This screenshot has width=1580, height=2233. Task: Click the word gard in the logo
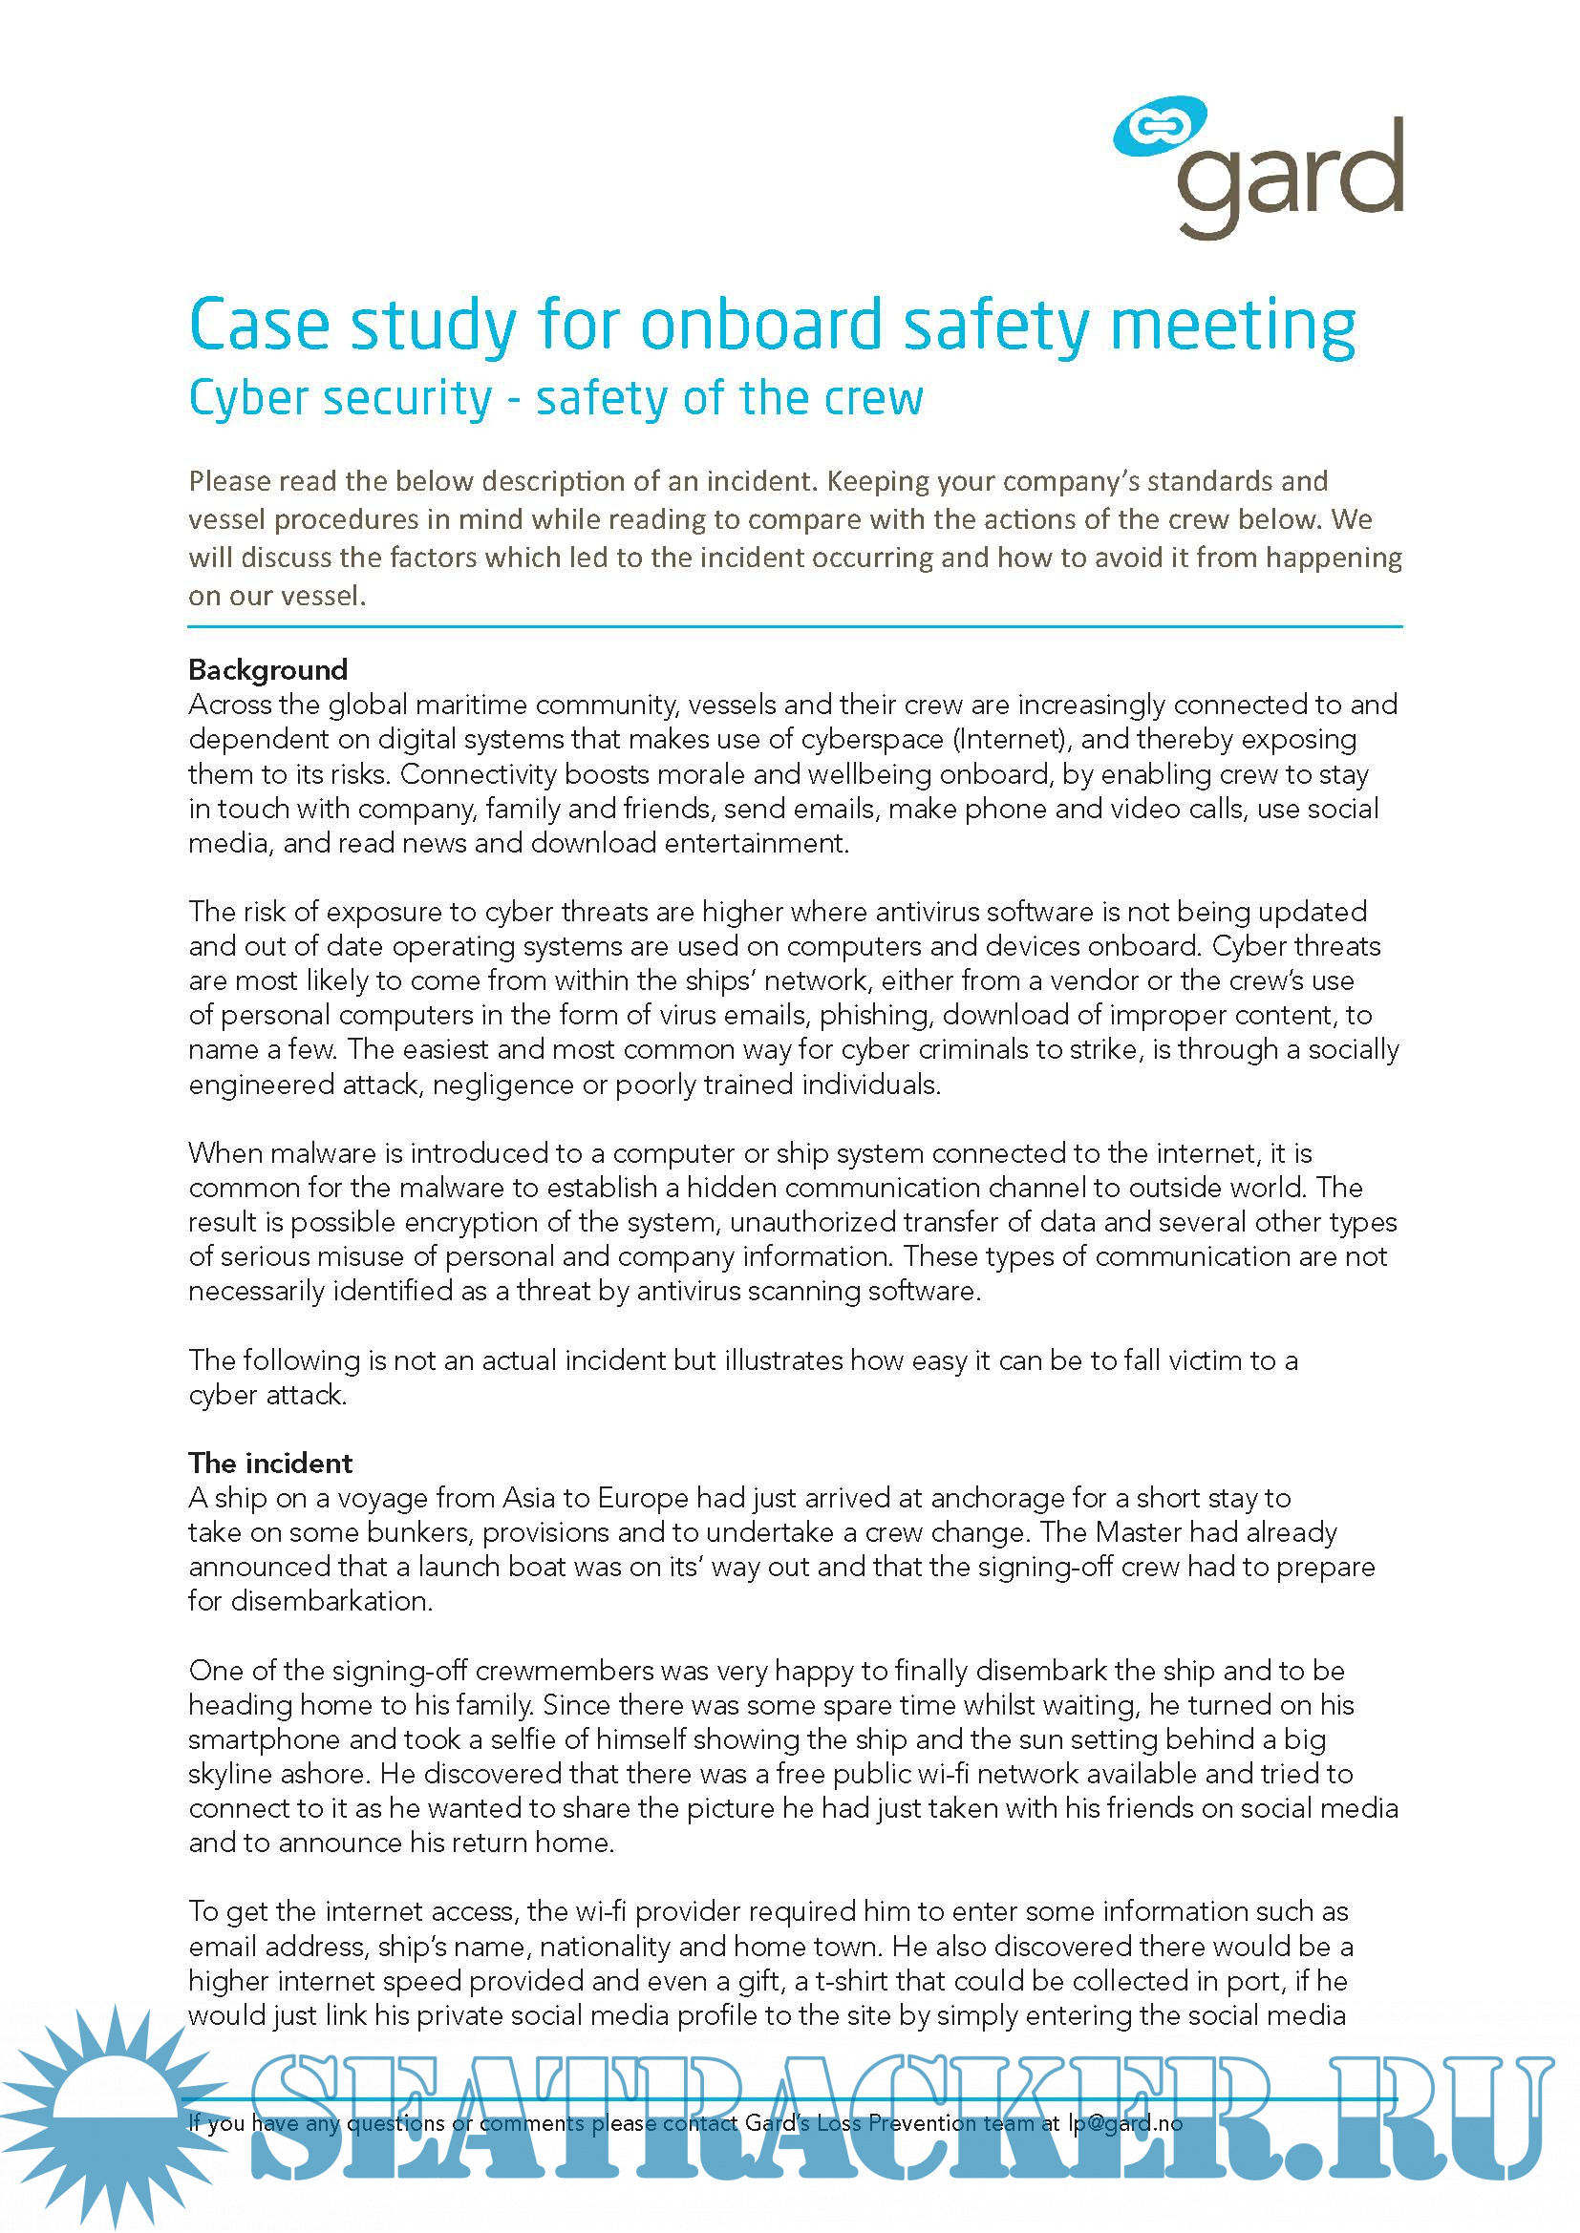[x=1290, y=175]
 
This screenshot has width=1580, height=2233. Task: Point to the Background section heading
[x=267, y=669]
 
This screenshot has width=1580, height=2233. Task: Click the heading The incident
[x=270, y=1463]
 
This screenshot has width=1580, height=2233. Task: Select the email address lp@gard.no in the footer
[x=1124, y=2123]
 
